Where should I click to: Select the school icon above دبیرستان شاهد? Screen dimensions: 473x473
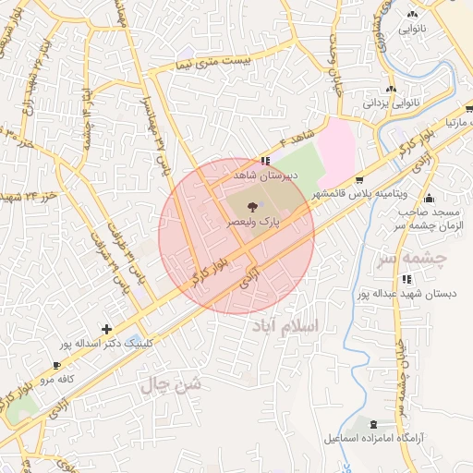(267, 160)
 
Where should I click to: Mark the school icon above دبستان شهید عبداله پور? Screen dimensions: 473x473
(406, 279)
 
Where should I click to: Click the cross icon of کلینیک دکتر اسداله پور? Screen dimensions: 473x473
(108, 329)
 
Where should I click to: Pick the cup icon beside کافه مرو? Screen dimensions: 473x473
(57, 366)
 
